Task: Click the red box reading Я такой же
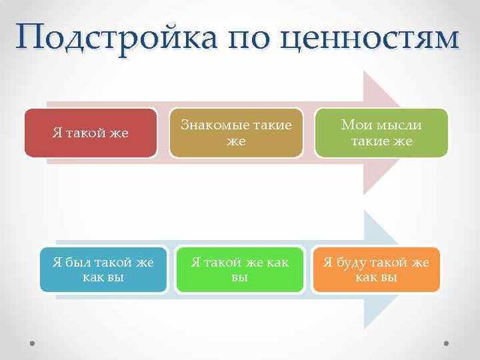coord(91,133)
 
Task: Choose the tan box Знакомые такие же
coord(236,133)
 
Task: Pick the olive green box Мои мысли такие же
coord(381,133)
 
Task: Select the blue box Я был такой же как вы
coord(103,269)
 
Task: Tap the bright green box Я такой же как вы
coord(239,269)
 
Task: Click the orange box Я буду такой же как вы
coord(376,269)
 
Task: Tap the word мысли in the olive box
coord(400,124)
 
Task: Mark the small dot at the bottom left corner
coord(31,343)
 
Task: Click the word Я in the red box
coord(56,133)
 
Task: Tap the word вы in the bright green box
coord(239,277)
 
